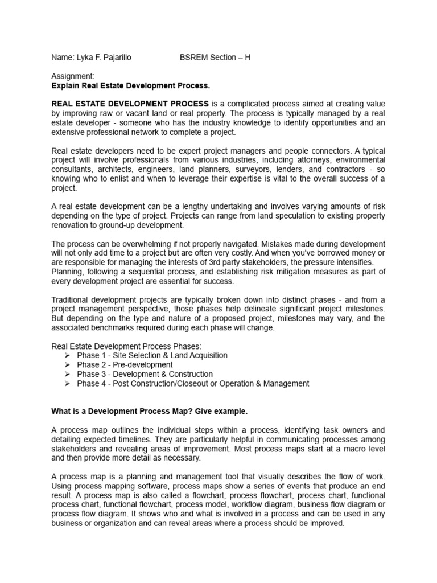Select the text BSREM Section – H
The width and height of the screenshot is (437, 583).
[x=215, y=58]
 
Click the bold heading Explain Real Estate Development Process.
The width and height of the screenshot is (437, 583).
[x=131, y=86]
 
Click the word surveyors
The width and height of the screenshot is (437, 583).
[x=258, y=169]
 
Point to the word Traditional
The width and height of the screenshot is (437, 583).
[x=72, y=300]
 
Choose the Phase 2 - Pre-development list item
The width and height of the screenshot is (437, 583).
[x=125, y=365]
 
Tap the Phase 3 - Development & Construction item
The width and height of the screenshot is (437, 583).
[x=145, y=374]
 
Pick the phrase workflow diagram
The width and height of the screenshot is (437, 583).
[x=253, y=505]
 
